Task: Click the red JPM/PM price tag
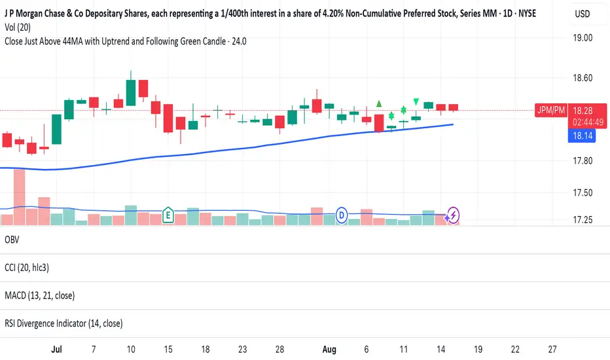(550, 110)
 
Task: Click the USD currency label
(581, 14)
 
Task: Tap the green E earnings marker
(168, 214)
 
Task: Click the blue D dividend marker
(341, 214)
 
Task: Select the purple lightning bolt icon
(453, 214)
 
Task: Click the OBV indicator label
(11, 240)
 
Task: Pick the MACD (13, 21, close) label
(39, 295)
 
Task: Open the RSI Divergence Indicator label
(63, 323)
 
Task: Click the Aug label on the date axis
(329, 350)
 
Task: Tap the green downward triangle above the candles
(416, 101)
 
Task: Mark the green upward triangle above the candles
(379, 103)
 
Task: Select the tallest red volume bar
(19, 197)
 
